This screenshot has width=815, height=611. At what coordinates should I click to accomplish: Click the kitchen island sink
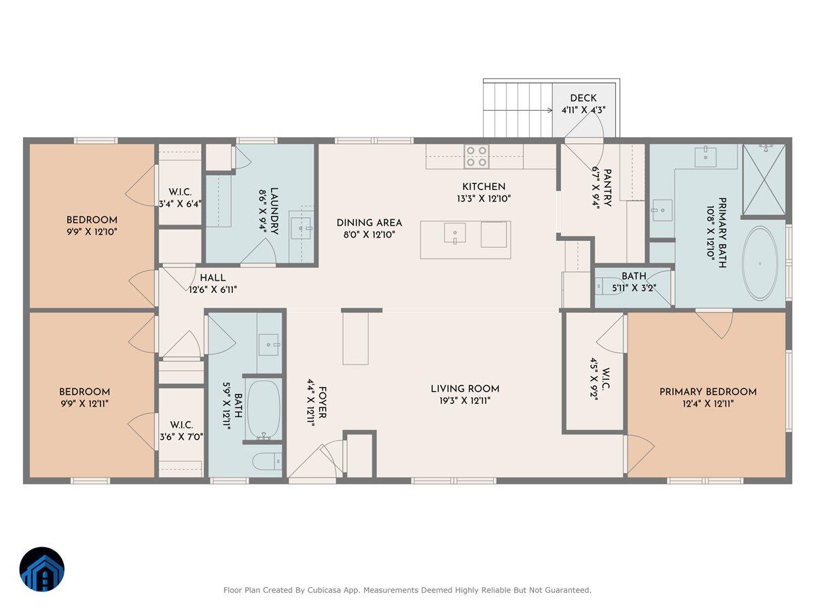pos(454,233)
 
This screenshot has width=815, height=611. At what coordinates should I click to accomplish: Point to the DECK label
pos(583,98)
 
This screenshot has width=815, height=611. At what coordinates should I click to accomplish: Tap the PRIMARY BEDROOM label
pos(708,392)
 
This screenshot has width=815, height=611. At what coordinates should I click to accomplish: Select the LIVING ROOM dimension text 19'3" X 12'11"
pos(465,401)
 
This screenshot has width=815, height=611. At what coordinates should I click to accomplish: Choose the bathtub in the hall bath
pos(264,409)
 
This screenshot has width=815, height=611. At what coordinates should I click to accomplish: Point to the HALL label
pos(213,278)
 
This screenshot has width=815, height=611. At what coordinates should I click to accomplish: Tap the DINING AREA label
pos(369,223)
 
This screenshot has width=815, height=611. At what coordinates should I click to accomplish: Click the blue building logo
pos(42,570)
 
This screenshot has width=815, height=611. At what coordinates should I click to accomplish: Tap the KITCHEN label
pos(484,187)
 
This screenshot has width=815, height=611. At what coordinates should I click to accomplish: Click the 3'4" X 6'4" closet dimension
pos(180,203)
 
